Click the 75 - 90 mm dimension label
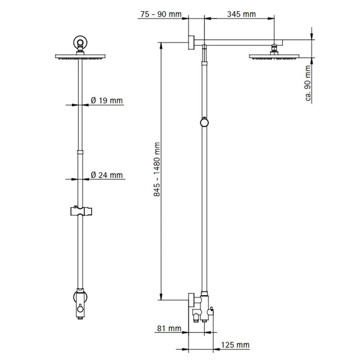click(160, 14)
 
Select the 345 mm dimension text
click(241, 14)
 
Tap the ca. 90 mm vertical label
click(308, 84)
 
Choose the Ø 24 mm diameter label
click(107, 175)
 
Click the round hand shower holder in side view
click(204, 123)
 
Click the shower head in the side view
click(274, 57)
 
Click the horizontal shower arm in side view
click(238, 42)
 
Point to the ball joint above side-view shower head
click(274, 48)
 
